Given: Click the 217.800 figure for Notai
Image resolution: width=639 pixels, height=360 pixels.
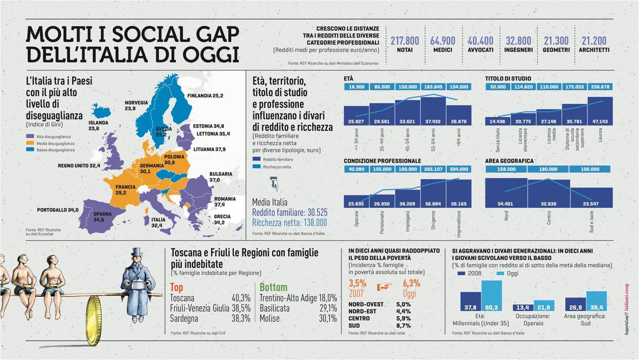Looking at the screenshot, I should point(405,41).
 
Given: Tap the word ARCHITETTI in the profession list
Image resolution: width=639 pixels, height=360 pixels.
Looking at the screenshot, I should point(594,50).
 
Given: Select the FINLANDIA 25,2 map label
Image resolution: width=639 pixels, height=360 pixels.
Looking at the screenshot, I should point(205,96).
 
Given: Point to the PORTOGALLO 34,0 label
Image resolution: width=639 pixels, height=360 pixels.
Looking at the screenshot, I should point(57,210).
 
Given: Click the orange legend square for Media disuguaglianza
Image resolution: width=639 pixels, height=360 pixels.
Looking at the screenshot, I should point(30,143).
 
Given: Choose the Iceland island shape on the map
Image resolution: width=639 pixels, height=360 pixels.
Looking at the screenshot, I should point(101,112).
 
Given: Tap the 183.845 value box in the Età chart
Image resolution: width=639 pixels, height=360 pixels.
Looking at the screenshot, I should point(433,87).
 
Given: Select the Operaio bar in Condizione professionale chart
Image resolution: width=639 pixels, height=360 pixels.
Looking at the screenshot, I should point(356,201).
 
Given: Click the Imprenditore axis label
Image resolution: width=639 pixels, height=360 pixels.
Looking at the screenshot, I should point(459,224).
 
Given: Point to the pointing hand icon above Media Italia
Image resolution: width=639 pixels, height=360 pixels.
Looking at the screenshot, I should point(274,184).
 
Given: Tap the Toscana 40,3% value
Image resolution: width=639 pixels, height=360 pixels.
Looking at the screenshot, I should point(241,298).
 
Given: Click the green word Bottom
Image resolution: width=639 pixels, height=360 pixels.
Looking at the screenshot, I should point(273,287).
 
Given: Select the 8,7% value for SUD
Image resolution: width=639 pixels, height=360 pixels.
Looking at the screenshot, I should point(403,326).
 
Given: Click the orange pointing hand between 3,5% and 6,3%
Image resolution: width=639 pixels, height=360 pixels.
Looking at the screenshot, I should point(384,287).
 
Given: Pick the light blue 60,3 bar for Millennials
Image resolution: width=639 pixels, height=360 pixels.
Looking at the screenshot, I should point(491,295).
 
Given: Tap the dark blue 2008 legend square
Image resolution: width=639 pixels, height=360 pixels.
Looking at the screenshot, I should point(461,273).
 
